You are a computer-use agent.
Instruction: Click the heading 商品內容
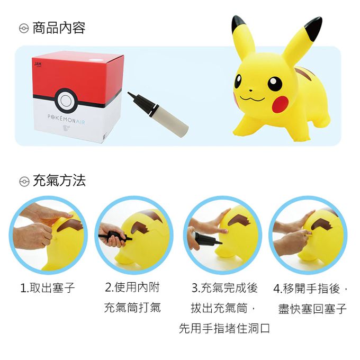[59, 28]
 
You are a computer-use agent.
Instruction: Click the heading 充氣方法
[59, 181]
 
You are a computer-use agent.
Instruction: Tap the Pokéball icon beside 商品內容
[24, 29]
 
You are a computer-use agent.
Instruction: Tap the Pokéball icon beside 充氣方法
[24, 182]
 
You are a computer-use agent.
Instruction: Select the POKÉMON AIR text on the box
[66, 119]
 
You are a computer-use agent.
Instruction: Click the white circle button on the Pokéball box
[66, 101]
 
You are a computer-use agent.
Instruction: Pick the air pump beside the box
[158, 114]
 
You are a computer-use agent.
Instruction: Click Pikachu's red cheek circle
[280, 104]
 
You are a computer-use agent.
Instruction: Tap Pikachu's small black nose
[251, 91]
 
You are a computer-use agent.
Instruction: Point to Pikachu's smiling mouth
[252, 98]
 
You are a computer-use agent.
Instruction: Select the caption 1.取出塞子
[48, 287]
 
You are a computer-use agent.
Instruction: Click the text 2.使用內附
[132, 287]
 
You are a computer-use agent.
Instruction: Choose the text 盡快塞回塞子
[312, 308]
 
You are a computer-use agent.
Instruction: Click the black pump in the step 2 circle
[115, 237]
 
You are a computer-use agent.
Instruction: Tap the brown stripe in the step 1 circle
[70, 225]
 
